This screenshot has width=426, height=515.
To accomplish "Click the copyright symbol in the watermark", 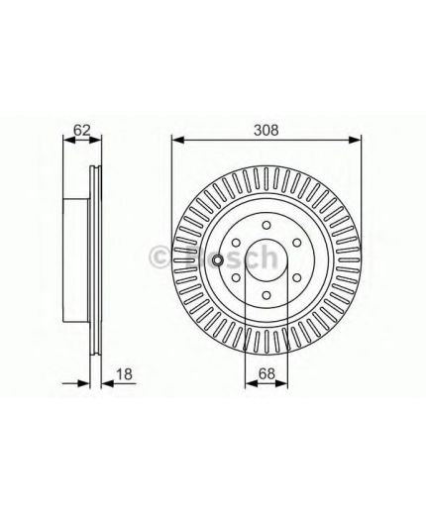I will pos(159,257).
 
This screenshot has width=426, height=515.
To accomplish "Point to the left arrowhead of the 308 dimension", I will pos(176,140).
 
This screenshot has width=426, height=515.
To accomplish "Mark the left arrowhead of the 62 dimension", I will pos(66,140).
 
